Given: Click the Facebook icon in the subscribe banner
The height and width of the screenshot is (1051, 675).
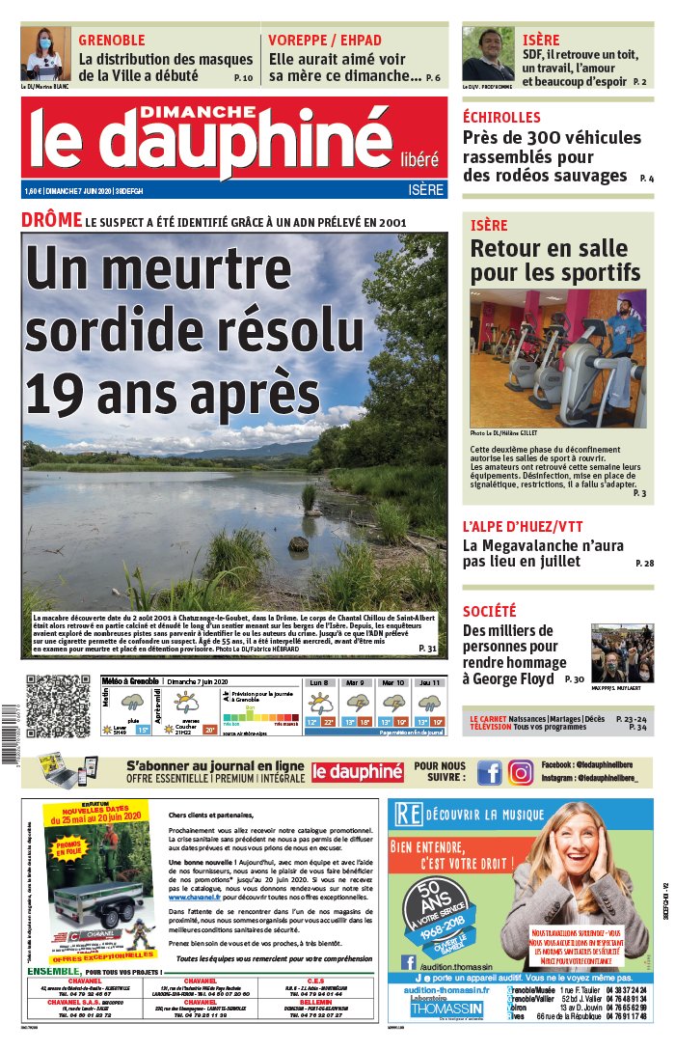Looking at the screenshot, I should point(490,772).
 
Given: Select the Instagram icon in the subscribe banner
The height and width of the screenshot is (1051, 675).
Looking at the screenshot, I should point(521,772).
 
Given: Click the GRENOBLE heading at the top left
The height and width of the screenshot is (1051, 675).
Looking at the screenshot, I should point(112,41).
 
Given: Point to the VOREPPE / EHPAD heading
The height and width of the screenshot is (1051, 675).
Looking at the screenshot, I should point(325,41).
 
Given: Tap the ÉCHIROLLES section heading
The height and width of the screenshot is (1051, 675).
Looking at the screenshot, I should point(501,117).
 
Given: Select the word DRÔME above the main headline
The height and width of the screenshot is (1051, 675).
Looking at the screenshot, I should point(51,220).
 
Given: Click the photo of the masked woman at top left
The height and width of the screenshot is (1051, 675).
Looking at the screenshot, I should point(45,54).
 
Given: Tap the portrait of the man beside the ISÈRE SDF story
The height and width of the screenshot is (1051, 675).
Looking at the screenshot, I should point(487,54).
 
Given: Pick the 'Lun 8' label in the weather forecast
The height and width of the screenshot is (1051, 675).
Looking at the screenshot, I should point(319,682).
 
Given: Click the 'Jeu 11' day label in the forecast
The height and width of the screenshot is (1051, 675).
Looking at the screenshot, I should point(429,682).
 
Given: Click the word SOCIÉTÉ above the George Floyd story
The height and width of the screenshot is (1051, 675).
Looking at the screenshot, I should point(489,611).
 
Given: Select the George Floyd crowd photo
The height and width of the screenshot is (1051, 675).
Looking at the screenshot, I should point(622,653).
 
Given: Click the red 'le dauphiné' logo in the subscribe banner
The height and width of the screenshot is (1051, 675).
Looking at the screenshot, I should point(357,772).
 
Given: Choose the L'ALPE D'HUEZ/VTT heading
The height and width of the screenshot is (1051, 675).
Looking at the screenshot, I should point(522,526).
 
